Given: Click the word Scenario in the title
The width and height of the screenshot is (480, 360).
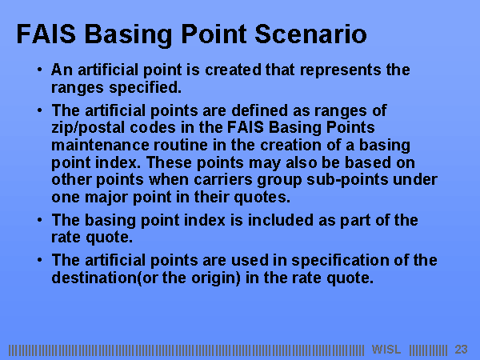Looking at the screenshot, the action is (x=310, y=34).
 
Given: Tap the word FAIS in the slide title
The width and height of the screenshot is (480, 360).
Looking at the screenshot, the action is (x=46, y=34).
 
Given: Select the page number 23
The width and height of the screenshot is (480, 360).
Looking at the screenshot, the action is (x=461, y=350).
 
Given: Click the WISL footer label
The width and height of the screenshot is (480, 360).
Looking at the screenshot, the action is (x=386, y=350).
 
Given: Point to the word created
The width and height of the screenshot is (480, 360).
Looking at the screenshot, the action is (x=234, y=70).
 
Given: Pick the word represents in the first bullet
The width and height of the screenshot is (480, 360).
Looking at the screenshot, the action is (x=341, y=70).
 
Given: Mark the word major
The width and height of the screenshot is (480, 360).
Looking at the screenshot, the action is (x=106, y=198).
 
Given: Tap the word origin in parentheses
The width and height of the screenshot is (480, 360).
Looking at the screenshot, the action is (x=214, y=278).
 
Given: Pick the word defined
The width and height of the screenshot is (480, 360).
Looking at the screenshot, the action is (x=259, y=111).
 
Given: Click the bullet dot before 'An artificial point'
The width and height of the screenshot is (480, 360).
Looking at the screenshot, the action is (x=39, y=70).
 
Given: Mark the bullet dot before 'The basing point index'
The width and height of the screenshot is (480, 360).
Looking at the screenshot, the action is (x=39, y=220).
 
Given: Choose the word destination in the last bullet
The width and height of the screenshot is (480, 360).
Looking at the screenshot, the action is (x=94, y=278).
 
